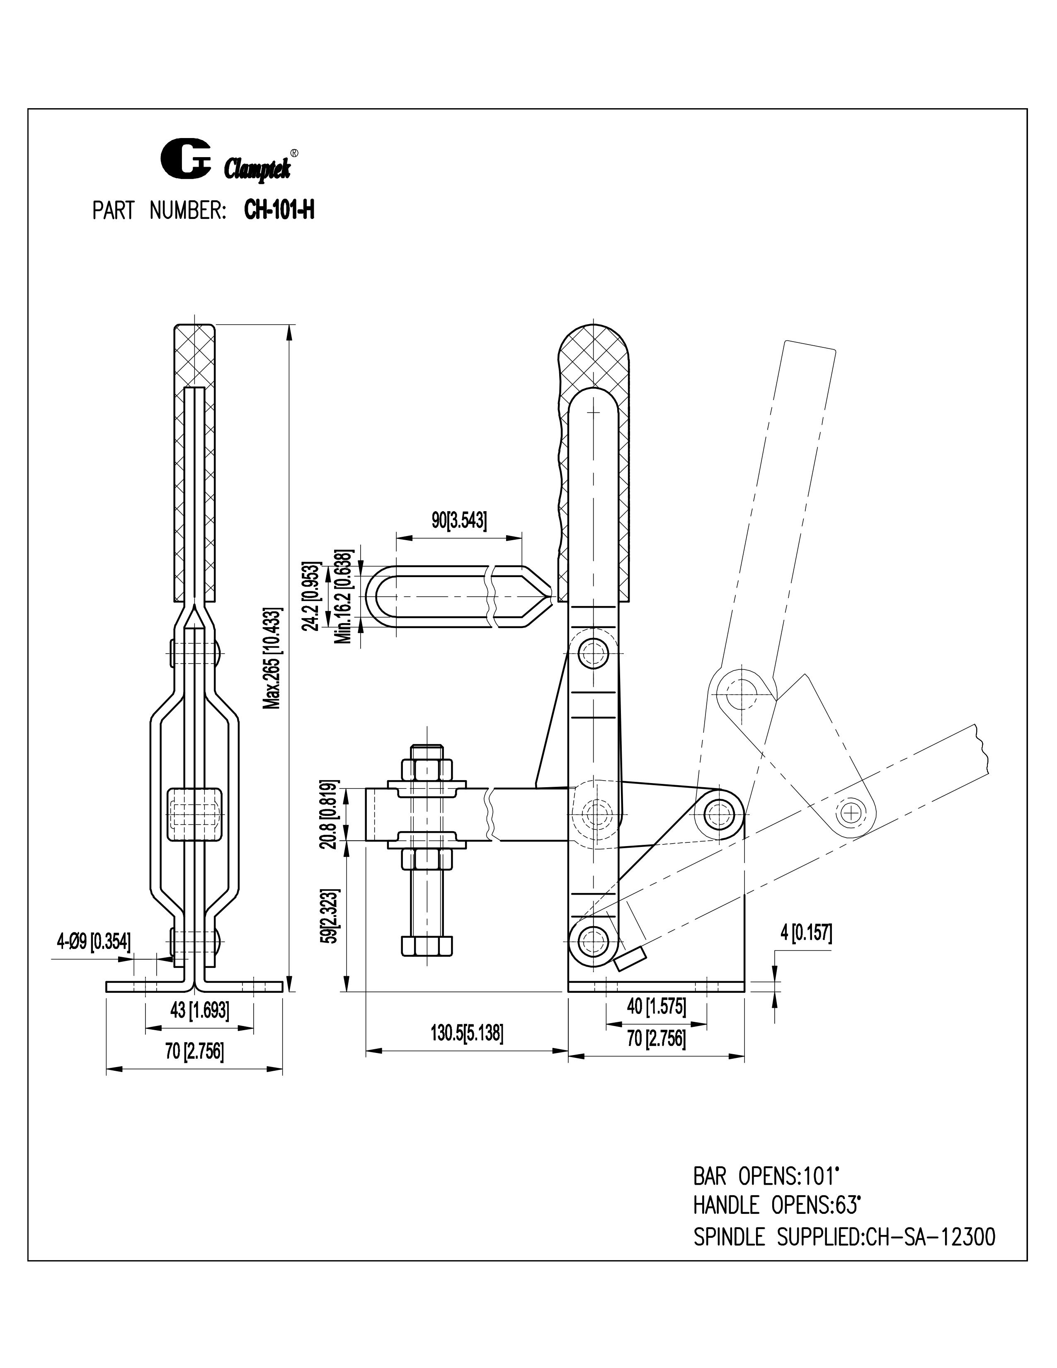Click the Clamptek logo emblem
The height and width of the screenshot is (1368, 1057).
click(x=186, y=159)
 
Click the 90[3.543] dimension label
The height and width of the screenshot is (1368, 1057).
click(x=459, y=521)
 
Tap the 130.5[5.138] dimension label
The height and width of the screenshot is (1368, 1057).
click(x=466, y=1033)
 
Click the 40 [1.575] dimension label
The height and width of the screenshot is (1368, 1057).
click(x=656, y=1007)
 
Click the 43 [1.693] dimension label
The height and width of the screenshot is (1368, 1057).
click(x=199, y=1010)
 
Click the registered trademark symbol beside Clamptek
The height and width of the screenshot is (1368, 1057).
click(x=294, y=152)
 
